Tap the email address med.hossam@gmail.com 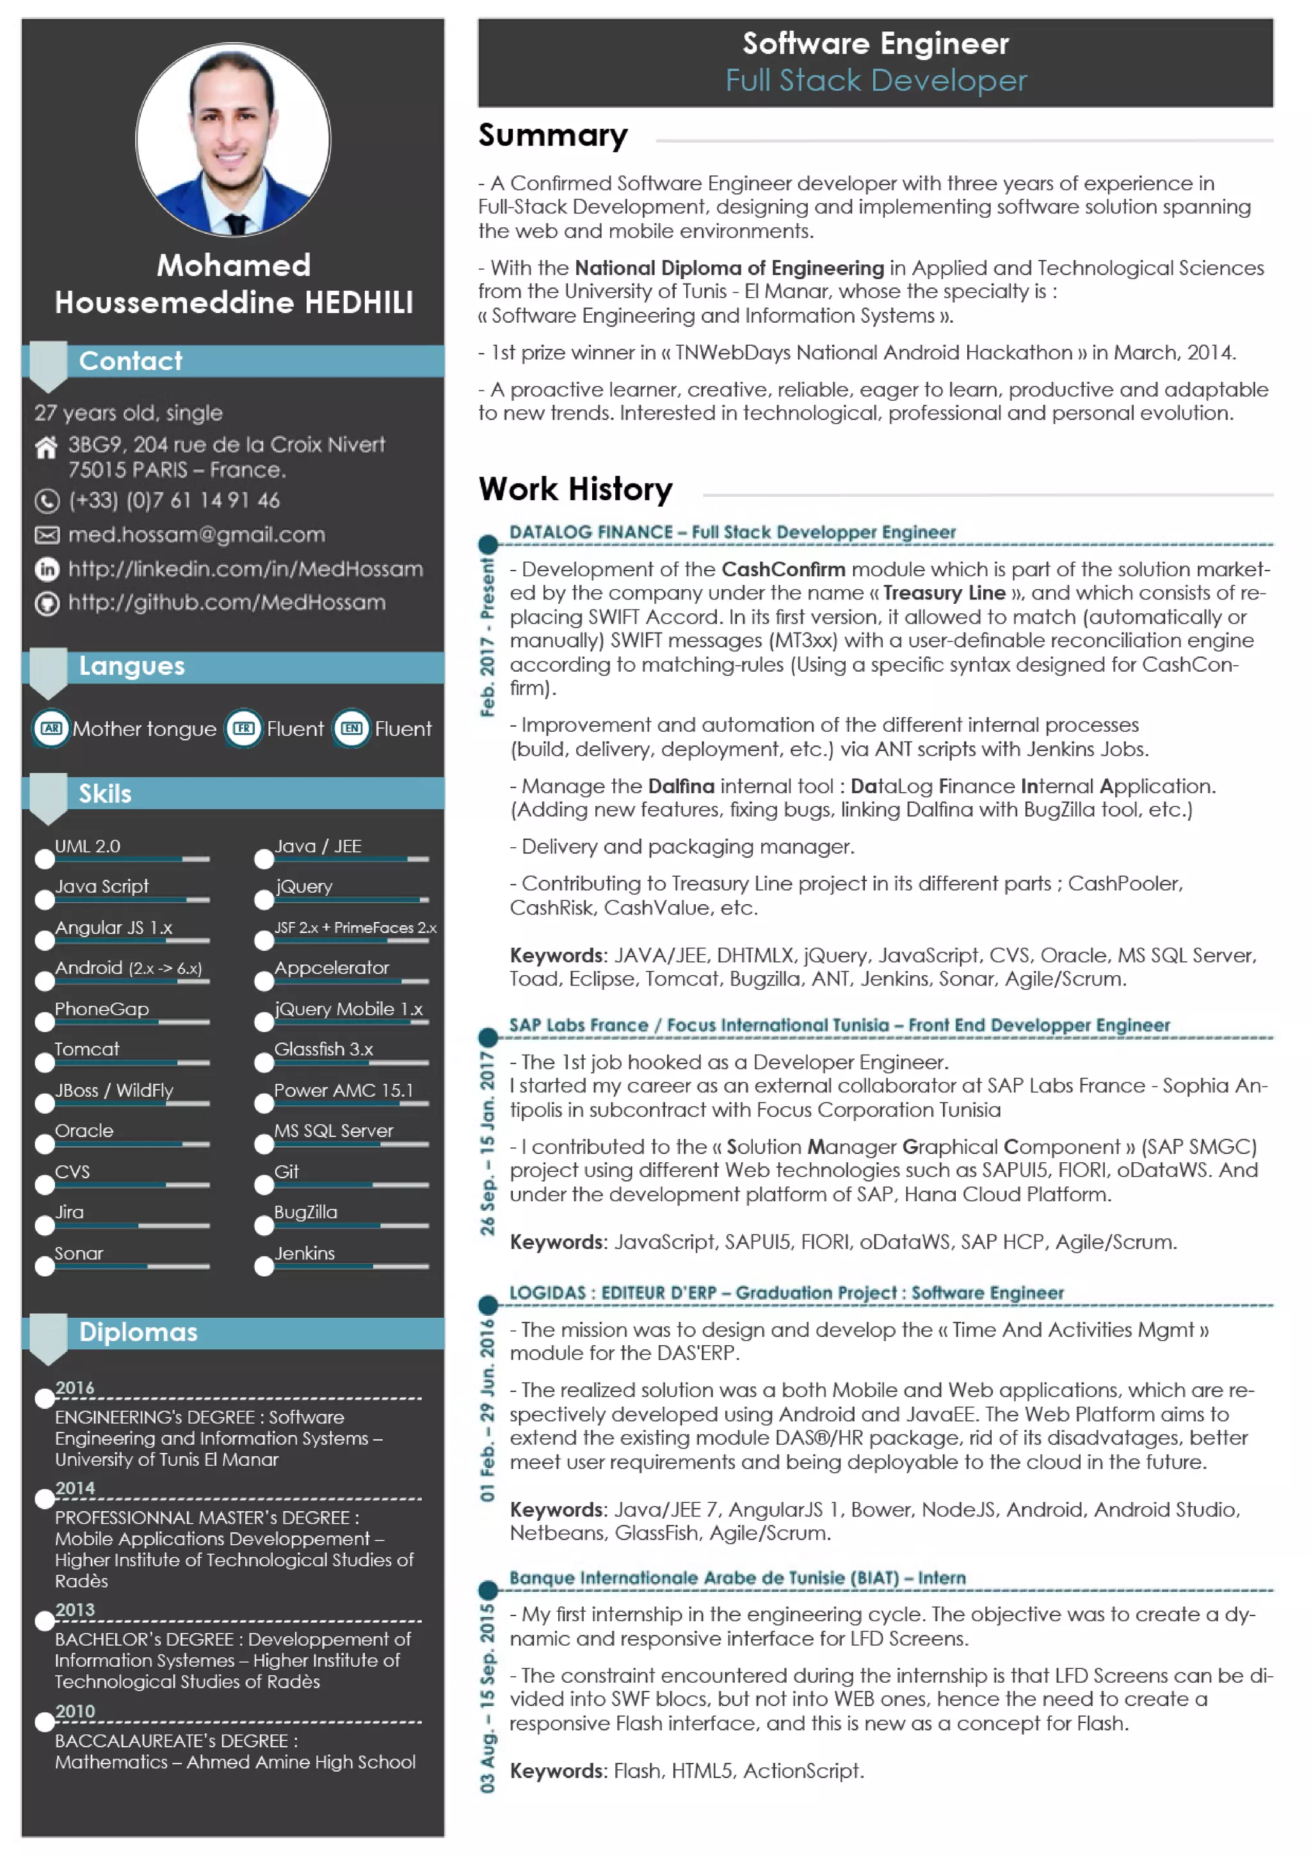197,534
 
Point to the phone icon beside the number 47,501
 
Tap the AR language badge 51,728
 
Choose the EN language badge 351,728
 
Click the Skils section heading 105,793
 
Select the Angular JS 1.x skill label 113,927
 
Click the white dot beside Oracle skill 44,1143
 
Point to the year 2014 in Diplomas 74,1487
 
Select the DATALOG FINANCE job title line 731,531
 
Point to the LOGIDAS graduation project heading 785,1292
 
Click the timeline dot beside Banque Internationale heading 487,1589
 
